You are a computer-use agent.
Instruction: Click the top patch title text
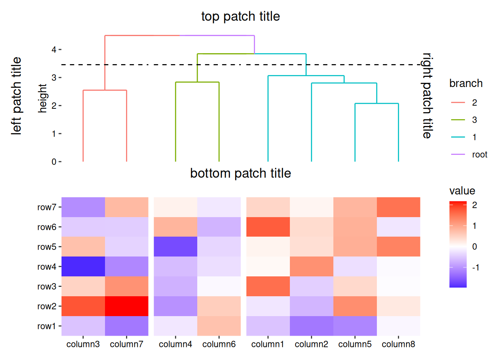[x=240, y=16]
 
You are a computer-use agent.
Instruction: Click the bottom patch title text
[x=240, y=173]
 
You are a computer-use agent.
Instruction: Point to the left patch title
[x=16, y=96]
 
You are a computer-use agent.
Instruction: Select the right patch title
[x=427, y=96]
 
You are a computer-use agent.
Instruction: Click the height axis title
[x=42, y=98]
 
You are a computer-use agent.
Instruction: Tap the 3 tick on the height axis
[x=54, y=78]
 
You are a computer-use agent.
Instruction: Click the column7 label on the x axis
[x=126, y=344]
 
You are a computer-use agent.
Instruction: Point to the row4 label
[x=47, y=267]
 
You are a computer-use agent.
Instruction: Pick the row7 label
[x=47, y=207]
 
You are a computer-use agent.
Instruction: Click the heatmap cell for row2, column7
[x=127, y=306]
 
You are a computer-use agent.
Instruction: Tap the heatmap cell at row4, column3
[x=83, y=266]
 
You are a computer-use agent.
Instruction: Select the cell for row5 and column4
[x=175, y=247]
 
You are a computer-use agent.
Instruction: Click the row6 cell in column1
[x=268, y=227]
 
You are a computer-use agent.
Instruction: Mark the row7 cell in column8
[x=399, y=207]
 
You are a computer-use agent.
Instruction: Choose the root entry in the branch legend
[x=469, y=154]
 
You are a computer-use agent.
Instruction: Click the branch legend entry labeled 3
[x=464, y=120]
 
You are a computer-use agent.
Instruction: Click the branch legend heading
[x=466, y=84]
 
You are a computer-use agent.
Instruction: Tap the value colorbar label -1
[x=475, y=267]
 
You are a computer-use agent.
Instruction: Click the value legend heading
[x=462, y=191]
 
